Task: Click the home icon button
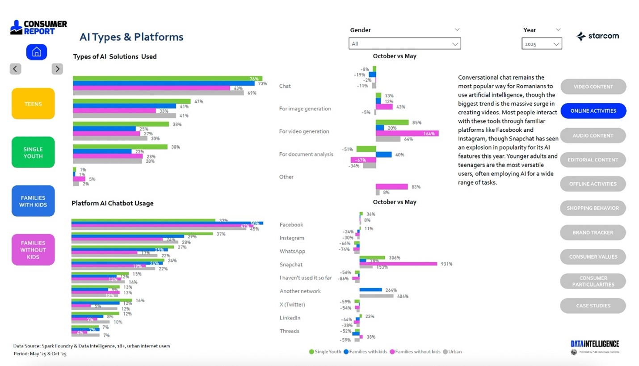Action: (x=36, y=52)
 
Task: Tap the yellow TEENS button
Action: (x=33, y=104)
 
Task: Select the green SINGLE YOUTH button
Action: (x=33, y=152)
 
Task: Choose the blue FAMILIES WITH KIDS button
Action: (x=33, y=201)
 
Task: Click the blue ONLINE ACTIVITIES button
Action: (x=593, y=111)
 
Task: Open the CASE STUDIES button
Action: (x=593, y=306)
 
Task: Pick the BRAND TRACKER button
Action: (x=593, y=232)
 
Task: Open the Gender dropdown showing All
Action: (x=404, y=44)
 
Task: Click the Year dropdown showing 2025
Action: (x=542, y=44)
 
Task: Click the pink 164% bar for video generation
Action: (x=407, y=134)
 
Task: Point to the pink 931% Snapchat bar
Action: (x=398, y=264)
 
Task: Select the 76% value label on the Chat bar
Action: (x=254, y=79)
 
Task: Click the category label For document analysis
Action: (x=306, y=154)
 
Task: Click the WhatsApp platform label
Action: (x=292, y=251)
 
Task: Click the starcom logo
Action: (x=597, y=36)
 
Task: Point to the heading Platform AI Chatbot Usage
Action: (x=113, y=203)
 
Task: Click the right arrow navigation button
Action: (x=57, y=69)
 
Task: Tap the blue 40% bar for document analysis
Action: (x=384, y=155)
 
